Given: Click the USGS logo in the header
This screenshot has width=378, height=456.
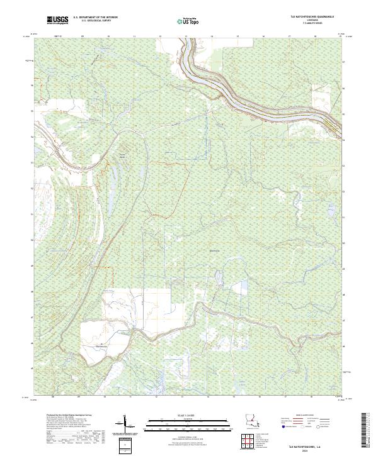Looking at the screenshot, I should point(57,21).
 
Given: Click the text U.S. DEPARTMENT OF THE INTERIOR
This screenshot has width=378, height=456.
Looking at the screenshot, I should point(95,18).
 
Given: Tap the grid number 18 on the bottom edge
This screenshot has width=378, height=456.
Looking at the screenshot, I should point(314,398).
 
